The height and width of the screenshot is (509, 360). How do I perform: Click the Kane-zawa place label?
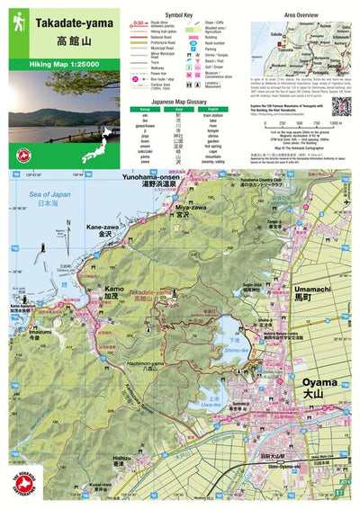coord(98,229)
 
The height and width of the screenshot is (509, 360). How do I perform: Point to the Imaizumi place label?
coord(40,330)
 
